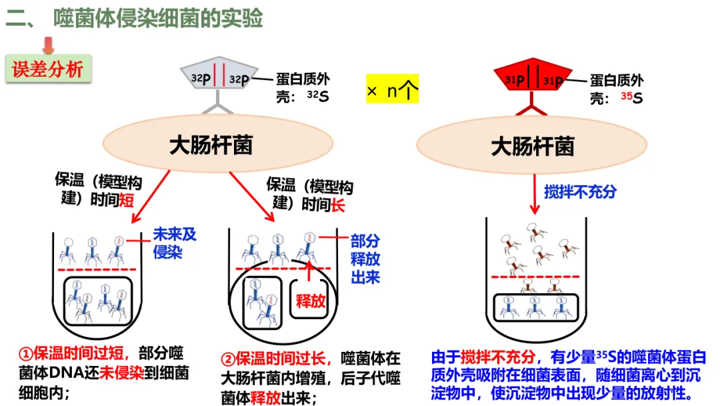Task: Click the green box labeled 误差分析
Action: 47,69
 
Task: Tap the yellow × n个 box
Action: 392,89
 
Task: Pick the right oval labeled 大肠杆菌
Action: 532,145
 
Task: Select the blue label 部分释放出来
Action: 365,259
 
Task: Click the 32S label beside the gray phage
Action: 317,97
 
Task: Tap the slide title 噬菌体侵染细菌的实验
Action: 158,18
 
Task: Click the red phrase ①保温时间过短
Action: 69,353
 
